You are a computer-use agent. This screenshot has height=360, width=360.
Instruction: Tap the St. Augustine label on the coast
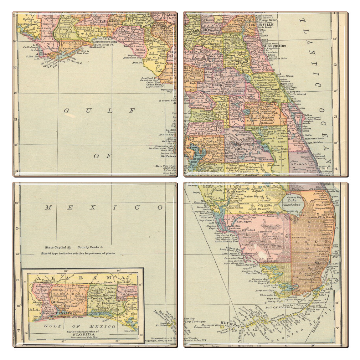[274, 46]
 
